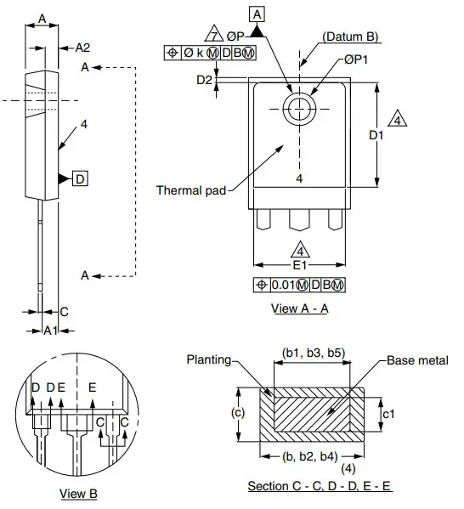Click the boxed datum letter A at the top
point(257,14)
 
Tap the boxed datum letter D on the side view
point(80,178)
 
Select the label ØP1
point(355,59)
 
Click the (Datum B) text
point(350,37)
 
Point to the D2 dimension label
point(204,80)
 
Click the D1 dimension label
point(376,135)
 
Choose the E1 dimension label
point(300,265)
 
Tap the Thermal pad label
point(191,190)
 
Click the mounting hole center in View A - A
point(299,109)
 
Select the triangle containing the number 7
point(214,34)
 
